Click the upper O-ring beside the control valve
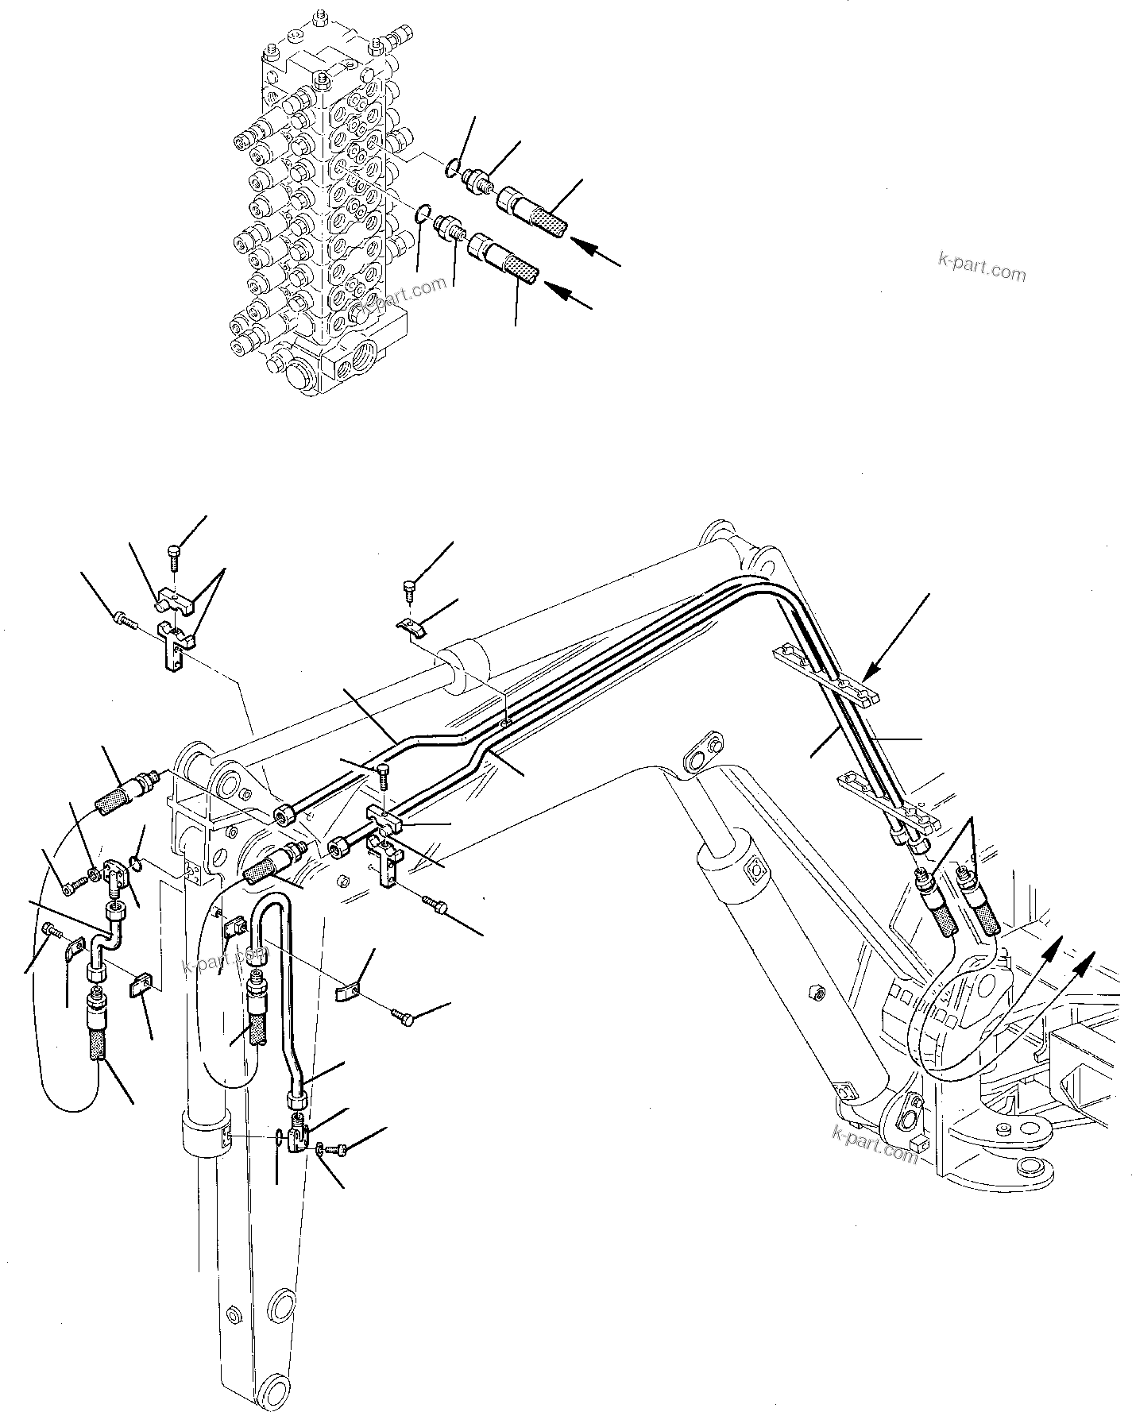pyautogui.click(x=452, y=166)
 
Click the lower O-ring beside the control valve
pyautogui.click(x=425, y=212)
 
